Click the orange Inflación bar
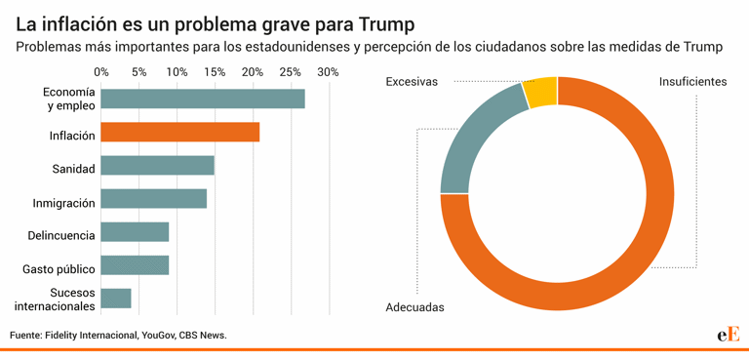pos(180,133)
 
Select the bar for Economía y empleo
pos(203,100)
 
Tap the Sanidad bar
pos(157,166)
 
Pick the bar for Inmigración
pos(153,199)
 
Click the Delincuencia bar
pos(135,232)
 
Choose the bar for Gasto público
pos(135,265)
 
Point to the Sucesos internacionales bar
pos(116,299)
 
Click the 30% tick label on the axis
pos(328,72)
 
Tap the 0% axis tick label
pos(101,72)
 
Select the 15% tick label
pos(215,72)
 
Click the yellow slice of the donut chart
pos(540,92)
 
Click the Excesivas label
pos(412,82)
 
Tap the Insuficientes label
pos(692,82)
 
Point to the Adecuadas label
pos(414,307)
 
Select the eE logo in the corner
pos(728,334)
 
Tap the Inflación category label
pos(72,136)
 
